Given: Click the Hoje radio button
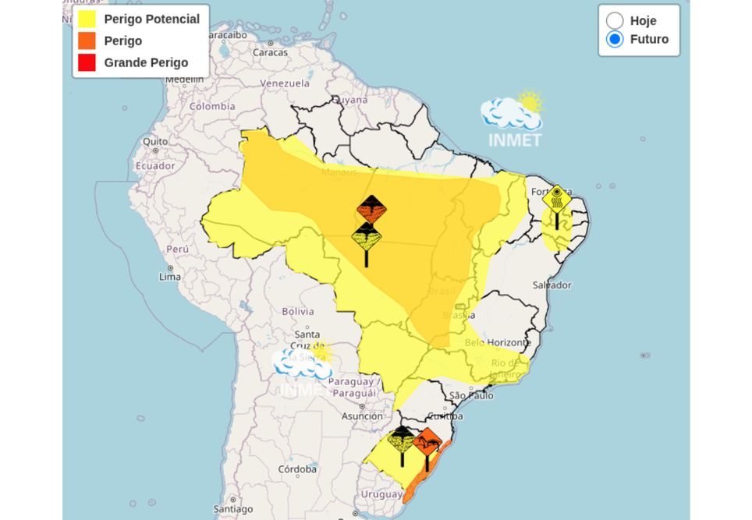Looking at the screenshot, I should coord(615,21).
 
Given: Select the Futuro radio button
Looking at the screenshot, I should coord(615,39).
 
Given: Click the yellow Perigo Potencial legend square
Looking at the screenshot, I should coord(87,19).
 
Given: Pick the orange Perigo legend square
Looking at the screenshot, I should coord(87,41).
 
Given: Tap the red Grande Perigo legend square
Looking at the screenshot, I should coord(87,62).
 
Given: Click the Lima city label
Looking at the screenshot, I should coord(170,277).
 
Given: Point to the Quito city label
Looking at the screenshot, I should coord(155,142).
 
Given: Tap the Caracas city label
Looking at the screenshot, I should coord(270,52).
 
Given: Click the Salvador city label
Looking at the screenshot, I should coord(552,285).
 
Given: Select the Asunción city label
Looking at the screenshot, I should coord(362,416).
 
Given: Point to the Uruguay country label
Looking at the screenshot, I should coord(381,494).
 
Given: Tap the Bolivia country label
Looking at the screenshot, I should coord(297,311).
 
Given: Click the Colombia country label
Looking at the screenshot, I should coord(212,106).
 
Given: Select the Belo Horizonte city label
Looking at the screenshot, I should coord(498,342).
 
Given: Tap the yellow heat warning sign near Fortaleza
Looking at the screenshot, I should coord(556,199).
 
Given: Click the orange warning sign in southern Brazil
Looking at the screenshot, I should coord(427,444).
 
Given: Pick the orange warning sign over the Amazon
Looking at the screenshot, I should coord(371,210).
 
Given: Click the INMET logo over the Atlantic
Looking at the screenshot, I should coord(513,121).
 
